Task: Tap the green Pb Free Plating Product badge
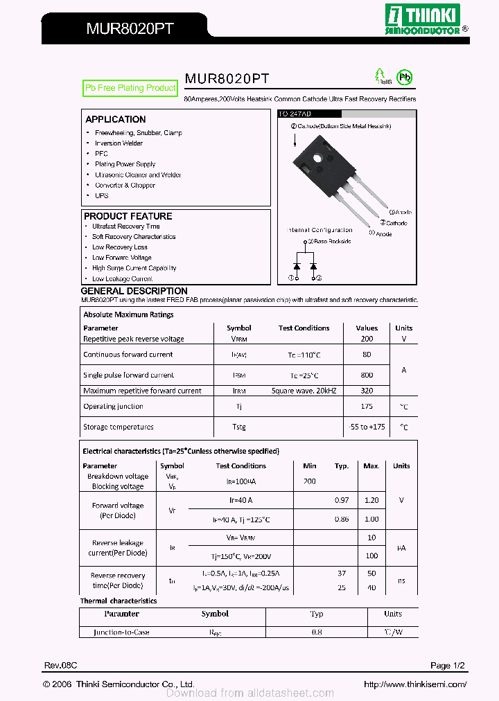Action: pos(130,88)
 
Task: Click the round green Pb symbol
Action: pos(403,77)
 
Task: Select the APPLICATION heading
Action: pos(115,119)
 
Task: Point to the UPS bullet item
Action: pos(101,195)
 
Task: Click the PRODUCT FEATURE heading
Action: pos(128,216)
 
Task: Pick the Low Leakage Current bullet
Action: pos(122,278)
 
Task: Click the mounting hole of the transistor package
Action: pos(318,157)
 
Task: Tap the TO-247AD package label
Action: pos(295,114)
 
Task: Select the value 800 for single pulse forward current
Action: pos(367,375)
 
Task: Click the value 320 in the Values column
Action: pos(367,391)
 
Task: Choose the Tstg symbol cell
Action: pos(239,427)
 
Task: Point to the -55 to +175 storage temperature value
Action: pos(367,427)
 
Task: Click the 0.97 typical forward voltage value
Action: pos(342,500)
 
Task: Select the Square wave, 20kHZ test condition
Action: pos(304,391)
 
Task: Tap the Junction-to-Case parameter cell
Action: pos(121,632)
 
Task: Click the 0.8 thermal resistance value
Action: pos(317,632)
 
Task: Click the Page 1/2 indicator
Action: pos(448,666)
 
